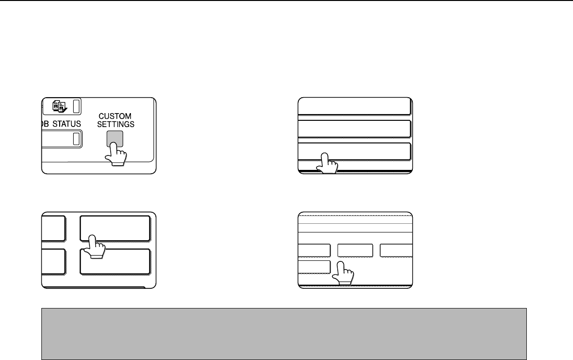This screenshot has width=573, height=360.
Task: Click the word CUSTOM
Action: click(x=115, y=116)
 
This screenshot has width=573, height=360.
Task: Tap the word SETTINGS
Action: click(x=116, y=124)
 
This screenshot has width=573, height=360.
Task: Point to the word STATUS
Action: click(x=66, y=124)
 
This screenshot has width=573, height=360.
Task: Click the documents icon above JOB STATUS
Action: click(x=60, y=106)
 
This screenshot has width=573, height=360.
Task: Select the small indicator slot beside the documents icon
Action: click(x=76, y=106)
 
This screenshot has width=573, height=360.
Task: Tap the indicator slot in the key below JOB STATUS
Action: click(x=76, y=139)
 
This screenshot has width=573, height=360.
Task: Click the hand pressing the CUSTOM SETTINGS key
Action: click(x=116, y=154)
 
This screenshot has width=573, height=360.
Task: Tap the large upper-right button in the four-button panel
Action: click(x=115, y=229)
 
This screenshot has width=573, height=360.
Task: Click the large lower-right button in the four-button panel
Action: click(x=115, y=261)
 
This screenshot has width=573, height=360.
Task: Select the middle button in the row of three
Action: click(x=355, y=251)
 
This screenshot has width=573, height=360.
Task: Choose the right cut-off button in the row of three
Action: click(x=396, y=251)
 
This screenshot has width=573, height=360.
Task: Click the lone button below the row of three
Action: click(x=314, y=267)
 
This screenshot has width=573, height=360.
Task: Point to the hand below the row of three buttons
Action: click(x=343, y=273)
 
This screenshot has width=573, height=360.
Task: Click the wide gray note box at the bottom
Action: click(x=284, y=334)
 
